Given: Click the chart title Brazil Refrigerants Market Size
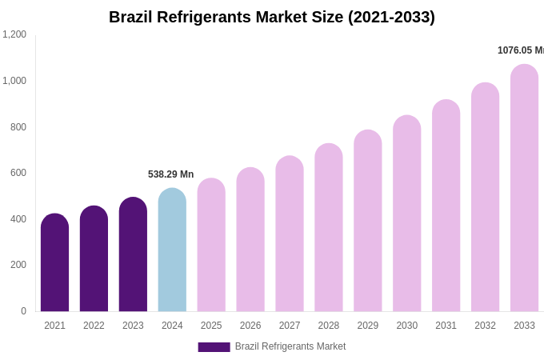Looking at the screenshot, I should (x=272, y=17).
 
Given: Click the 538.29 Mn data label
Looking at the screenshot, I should (x=170, y=174).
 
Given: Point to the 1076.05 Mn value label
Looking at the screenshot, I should (x=520, y=50).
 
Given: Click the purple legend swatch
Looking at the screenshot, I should (x=214, y=347).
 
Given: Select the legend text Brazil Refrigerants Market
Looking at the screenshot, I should (x=290, y=346).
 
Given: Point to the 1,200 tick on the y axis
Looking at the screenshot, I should (x=14, y=34).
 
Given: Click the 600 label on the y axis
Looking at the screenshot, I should (x=18, y=173).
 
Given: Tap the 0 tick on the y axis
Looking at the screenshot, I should (x=23, y=311).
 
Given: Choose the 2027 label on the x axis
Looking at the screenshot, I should (x=290, y=326).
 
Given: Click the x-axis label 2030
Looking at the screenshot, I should (x=406, y=326).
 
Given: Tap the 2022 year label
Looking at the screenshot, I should (x=94, y=326).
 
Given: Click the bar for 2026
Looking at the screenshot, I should (x=250, y=239).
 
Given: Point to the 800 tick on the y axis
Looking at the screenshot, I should (x=18, y=126).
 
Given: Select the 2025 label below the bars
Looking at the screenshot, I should (x=211, y=326).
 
